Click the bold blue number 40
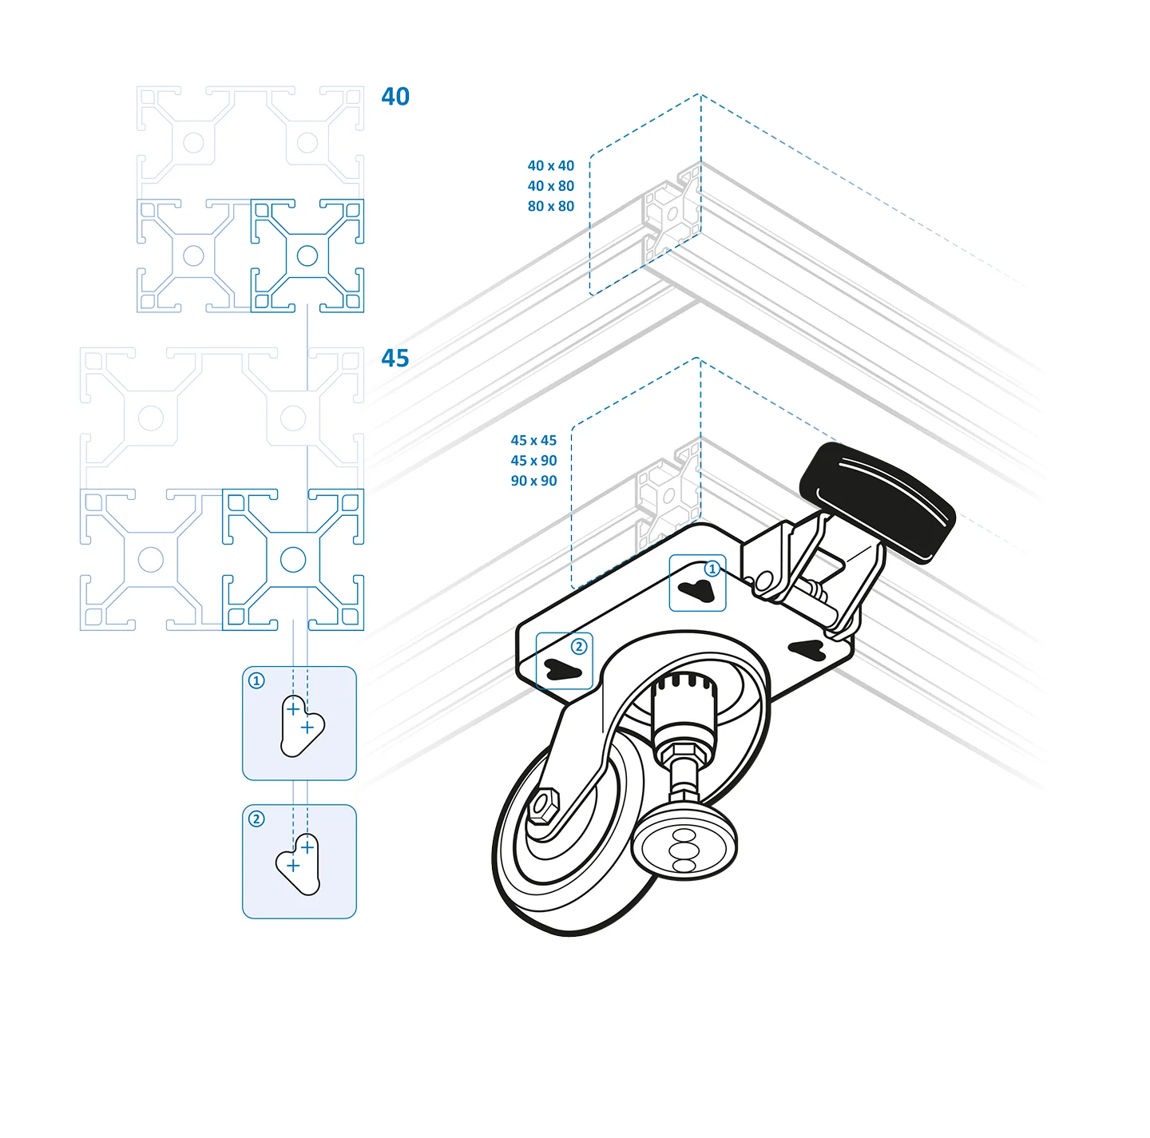tap(395, 96)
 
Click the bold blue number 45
tap(395, 358)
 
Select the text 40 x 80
tap(550, 186)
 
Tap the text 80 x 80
tap(550, 206)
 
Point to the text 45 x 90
tap(533, 460)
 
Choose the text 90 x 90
tap(533, 481)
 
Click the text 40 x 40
tap(550, 165)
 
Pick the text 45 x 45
tap(533, 440)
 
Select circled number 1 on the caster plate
tap(712, 569)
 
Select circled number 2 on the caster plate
tap(578, 647)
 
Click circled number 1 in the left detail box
tap(256, 680)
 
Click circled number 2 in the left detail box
tap(256, 819)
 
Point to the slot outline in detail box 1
tap(302, 725)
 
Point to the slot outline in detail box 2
tap(298, 864)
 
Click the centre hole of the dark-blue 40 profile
tap(307, 256)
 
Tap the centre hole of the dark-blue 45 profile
tap(293, 560)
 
